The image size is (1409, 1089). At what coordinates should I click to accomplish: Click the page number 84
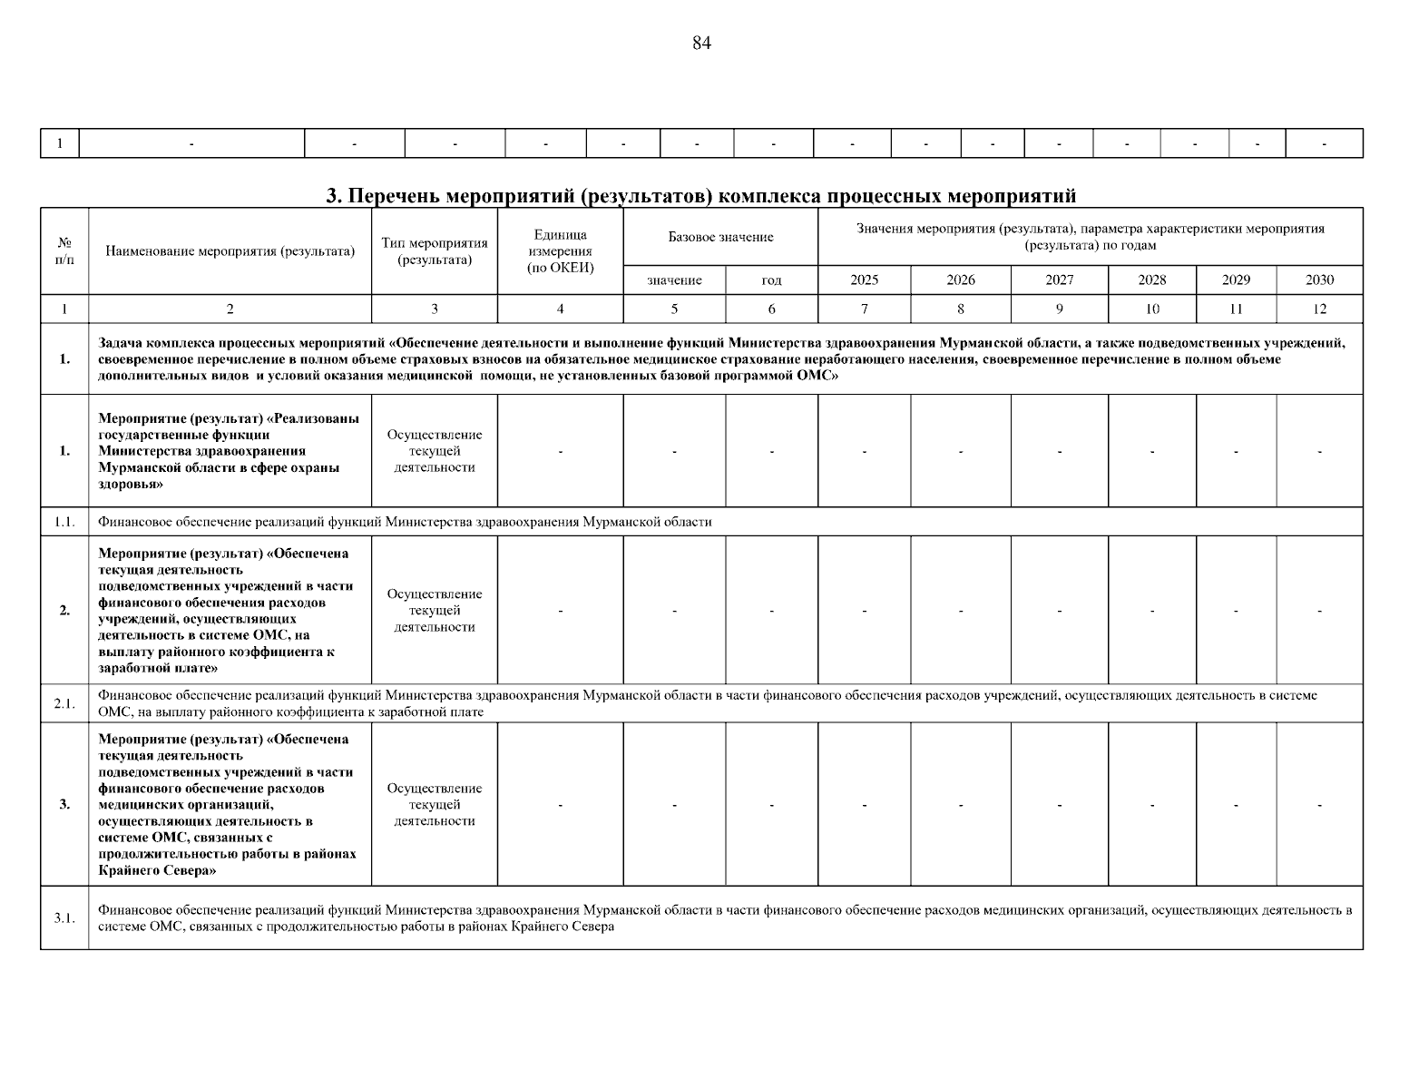click(x=701, y=44)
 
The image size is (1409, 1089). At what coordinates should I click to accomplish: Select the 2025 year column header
click(x=864, y=280)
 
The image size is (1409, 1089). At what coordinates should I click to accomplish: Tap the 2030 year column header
click(x=1319, y=280)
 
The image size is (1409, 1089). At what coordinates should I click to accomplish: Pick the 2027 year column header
click(x=1059, y=280)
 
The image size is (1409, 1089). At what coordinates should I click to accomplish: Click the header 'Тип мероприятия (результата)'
click(x=435, y=251)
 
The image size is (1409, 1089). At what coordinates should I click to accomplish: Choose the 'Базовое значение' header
click(x=720, y=237)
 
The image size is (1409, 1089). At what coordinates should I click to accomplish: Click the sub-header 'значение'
click(x=674, y=280)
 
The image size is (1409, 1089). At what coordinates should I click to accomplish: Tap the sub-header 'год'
click(x=771, y=280)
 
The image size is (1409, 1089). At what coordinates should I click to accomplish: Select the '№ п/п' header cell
click(x=64, y=251)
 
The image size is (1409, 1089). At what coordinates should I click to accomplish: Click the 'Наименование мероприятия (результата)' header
click(x=230, y=251)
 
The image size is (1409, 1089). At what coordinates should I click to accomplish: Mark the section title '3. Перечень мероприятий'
click(x=700, y=196)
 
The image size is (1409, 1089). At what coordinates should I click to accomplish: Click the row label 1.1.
click(x=64, y=522)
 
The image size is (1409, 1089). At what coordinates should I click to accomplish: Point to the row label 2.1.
click(x=64, y=703)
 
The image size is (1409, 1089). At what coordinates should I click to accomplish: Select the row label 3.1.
click(x=64, y=917)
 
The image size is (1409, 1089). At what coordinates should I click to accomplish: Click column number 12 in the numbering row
click(x=1319, y=309)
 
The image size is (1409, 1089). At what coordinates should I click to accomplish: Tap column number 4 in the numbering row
click(x=560, y=309)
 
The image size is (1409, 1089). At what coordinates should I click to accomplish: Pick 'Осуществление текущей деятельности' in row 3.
click(x=435, y=805)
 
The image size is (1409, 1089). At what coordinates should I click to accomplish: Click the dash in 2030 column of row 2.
click(x=1319, y=611)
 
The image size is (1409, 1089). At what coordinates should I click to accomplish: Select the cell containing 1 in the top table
click(x=60, y=143)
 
